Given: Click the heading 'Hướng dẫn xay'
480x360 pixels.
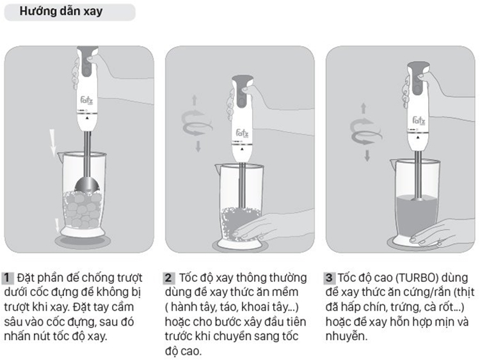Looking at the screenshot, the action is (x=61, y=12).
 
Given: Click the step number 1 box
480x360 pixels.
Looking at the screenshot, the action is (x=7, y=278).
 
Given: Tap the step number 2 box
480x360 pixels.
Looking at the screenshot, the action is (x=168, y=278).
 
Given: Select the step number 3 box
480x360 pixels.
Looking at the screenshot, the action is (x=329, y=278).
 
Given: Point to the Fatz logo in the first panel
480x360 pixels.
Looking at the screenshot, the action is (x=86, y=100).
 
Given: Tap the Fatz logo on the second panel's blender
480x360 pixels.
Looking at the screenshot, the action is (x=242, y=134).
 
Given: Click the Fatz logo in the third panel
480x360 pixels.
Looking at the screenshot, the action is (x=419, y=120).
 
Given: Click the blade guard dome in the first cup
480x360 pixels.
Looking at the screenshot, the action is (x=87, y=184).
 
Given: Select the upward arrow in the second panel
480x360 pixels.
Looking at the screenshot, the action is (x=195, y=100).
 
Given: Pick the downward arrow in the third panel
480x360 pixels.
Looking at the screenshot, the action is (x=367, y=155).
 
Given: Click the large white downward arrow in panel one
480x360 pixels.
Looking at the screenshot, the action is (x=52, y=143).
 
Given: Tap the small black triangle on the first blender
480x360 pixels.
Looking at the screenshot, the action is (x=87, y=118).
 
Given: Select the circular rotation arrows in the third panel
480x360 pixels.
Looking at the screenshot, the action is (x=365, y=132).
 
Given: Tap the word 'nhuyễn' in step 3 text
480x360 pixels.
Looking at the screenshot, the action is (x=346, y=336).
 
